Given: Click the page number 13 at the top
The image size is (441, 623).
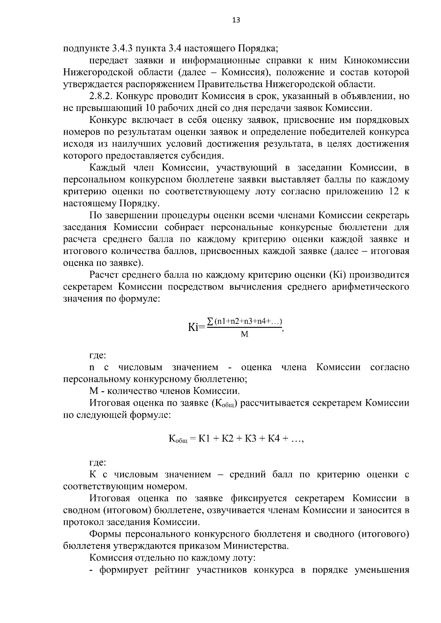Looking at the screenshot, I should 236,20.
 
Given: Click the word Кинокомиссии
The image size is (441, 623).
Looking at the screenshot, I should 376,60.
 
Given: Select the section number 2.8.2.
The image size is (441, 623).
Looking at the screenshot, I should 103,96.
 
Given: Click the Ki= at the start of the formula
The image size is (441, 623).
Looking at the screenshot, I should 196,327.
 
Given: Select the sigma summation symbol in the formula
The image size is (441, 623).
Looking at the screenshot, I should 210,321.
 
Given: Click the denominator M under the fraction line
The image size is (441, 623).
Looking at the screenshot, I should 244,334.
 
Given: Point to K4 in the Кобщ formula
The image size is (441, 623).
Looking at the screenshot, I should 275,438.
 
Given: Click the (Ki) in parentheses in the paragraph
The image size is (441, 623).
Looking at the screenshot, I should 338,275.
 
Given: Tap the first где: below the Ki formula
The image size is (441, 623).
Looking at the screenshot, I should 98,355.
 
